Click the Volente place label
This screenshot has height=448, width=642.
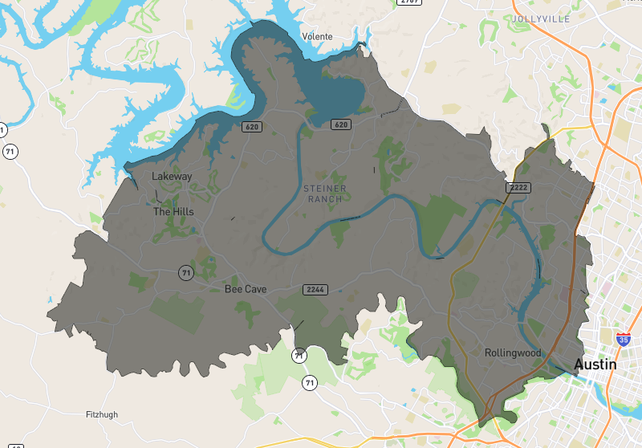click(x=316, y=36)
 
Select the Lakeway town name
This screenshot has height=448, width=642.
click(x=172, y=177)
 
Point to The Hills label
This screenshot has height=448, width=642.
click(x=173, y=212)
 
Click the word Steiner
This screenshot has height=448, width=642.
click(x=324, y=188)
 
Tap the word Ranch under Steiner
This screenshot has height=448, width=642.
click(x=324, y=199)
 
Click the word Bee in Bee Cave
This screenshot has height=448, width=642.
click(x=233, y=289)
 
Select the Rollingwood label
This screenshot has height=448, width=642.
click(x=514, y=353)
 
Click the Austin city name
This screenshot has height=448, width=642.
click(x=595, y=365)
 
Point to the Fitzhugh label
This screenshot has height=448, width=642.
click(x=102, y=414)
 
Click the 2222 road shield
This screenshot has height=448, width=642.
click(x=518, y=187)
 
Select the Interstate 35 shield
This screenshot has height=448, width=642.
click(x=624, y=339)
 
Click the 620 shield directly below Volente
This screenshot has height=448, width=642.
click(x=341, y=124)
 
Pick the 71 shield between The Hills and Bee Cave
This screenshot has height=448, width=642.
click(x=186, y=274)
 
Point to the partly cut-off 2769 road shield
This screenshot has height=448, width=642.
click(x=409, y=2)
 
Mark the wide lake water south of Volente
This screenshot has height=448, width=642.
click(x=341, y=92)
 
